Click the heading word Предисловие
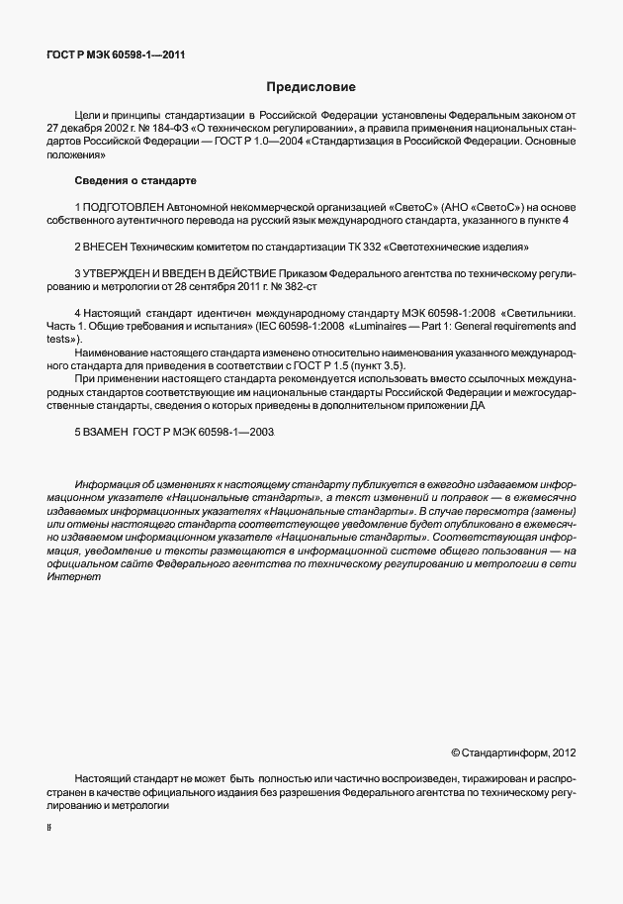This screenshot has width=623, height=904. coord(311,86)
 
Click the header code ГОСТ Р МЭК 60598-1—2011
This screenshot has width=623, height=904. coord(116,55)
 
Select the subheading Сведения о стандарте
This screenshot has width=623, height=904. coord(135,181)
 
